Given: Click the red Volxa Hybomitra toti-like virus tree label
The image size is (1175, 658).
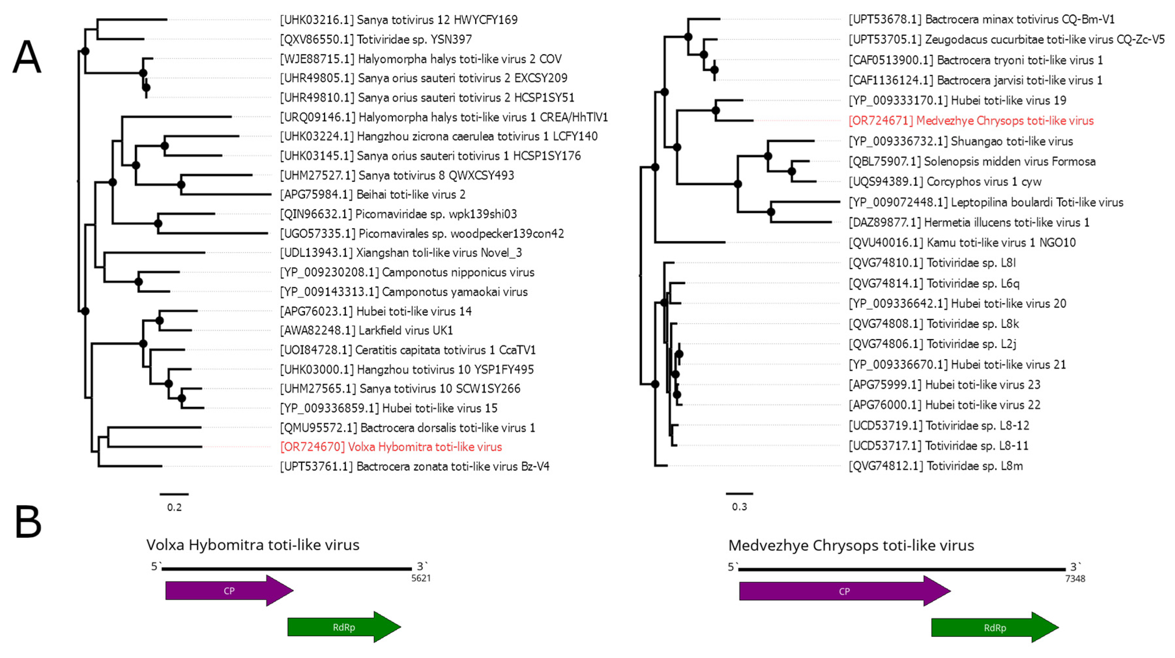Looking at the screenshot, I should coord(391,447).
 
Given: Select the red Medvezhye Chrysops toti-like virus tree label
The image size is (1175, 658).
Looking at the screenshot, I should coord(971,121).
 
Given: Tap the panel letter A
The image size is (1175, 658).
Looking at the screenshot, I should coord(26,57).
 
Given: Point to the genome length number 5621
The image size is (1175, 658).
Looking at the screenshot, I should coord(421,578).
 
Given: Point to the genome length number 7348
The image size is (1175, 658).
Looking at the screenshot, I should coord(1075,579).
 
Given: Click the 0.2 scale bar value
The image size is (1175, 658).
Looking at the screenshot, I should coord(174,507).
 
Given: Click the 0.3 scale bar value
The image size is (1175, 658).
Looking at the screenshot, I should coord(739,507).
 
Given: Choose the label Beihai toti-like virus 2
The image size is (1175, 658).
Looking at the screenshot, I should coord(373,195).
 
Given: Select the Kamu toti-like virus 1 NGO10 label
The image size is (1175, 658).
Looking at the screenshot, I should coord(962,243).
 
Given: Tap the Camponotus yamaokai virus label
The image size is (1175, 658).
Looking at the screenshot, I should coord(404,292).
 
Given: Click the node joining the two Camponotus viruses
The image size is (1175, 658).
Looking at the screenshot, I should coord(139,282).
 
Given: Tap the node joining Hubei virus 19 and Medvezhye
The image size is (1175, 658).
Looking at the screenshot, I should coord(716,110).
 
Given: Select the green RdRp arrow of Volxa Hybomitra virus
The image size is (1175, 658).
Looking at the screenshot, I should coord(344,627).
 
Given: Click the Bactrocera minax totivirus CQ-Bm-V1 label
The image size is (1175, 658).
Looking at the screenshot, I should coord(981,20).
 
